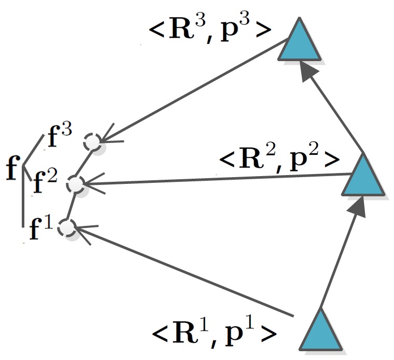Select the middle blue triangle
(363, 177)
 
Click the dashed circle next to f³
(93, 141)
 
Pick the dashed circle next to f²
(76, 184)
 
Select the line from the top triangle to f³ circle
(197, 88)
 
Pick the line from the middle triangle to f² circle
(218, 179)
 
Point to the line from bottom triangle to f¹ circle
(181, 271)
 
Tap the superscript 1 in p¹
(252, 324)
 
